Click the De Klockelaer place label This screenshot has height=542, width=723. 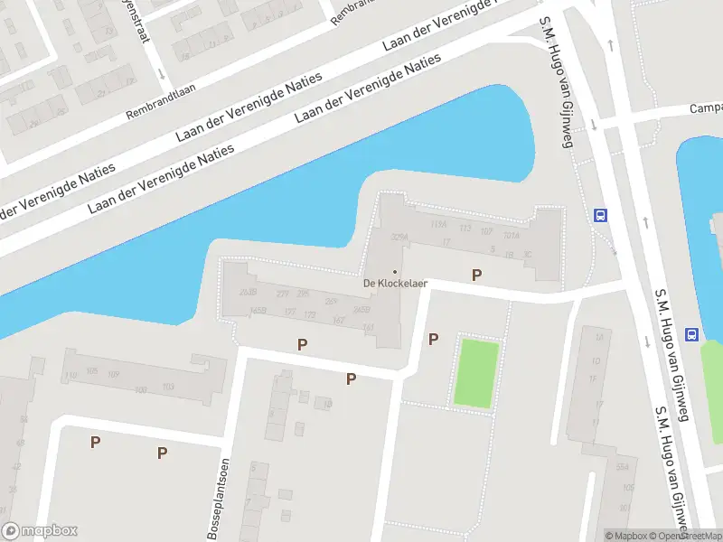click(x=395, y=283)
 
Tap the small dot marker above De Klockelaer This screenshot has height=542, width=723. click(x=394, y=271)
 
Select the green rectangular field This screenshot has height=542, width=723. click(x=476, y=371)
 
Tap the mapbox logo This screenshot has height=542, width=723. click(x=40, y=531)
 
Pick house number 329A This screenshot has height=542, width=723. click(x=399, y=237)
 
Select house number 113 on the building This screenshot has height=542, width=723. click(x=465, y=228)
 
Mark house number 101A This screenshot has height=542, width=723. click(x=512, y=236)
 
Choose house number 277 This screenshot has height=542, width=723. click(x=282, y=294)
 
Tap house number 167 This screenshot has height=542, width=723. click(x=338, y=320)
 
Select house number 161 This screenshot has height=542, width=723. click(x=368, y=327)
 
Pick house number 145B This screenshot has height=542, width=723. click(x=258, y=310)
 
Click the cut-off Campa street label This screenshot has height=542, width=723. click(x=706, y=108)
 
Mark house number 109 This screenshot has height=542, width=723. click(x=113, y=374)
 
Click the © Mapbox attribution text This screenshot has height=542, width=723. click(x=627, y=536)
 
